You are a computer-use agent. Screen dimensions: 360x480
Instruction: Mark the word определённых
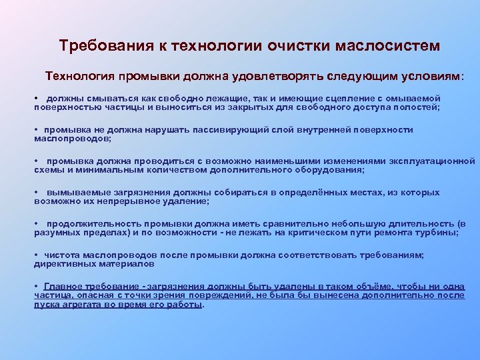point(302,192)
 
